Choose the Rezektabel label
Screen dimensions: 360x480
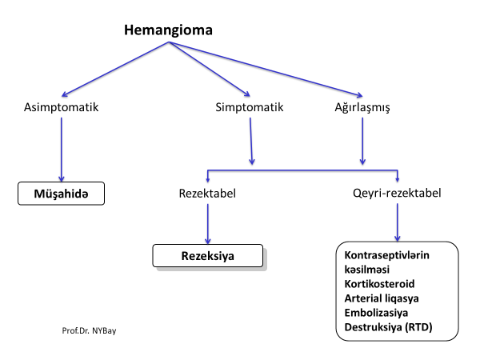[x=209, y=193]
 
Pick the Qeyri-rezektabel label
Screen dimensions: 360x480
[x=397, y=193]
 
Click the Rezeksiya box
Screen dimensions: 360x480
[x=208, y=256]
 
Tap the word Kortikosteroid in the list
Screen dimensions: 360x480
[x=380, y=284]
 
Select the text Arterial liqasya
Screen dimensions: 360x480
[x=382, y=298]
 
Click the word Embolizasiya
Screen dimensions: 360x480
[x=376, y=313]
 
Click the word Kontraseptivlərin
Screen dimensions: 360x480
[x=387, y=255]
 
